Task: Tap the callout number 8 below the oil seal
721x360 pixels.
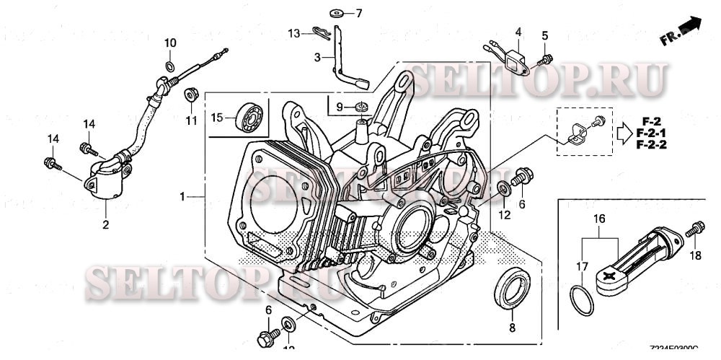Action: (512, 328)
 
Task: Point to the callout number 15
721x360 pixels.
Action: (217, 117)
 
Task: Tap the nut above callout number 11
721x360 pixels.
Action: (191, 94)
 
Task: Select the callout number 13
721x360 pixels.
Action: (293, 33)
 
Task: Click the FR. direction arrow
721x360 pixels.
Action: (689, 27)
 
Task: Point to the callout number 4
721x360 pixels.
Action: (518, 32)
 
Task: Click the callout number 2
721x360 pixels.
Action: (105, 225)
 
